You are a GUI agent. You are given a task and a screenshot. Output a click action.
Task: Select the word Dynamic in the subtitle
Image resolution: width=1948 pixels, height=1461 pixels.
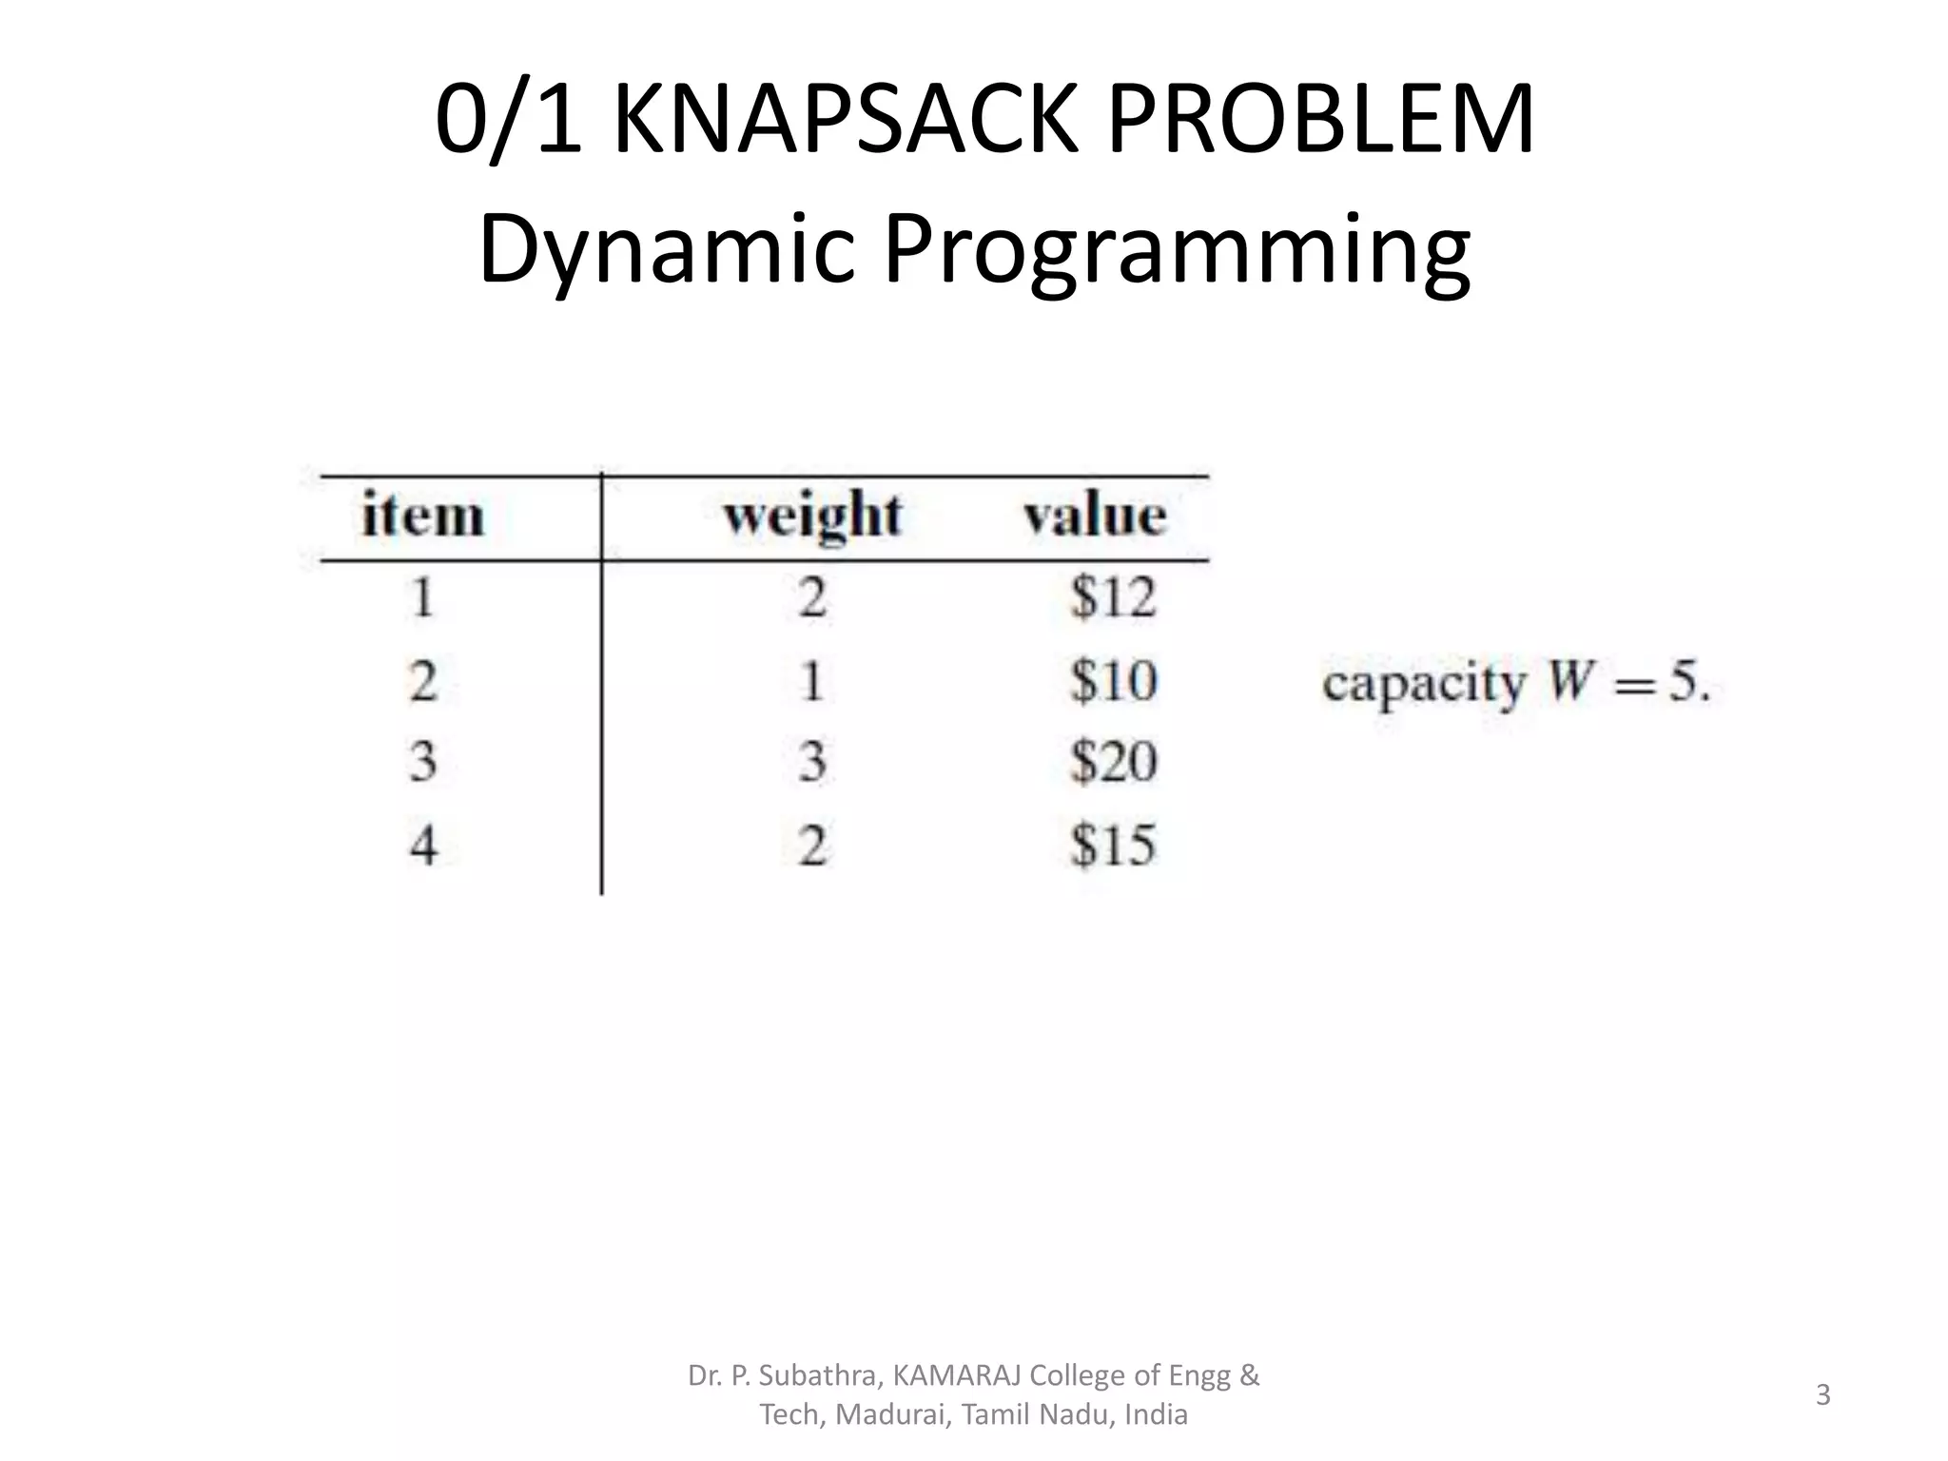click(666, 249)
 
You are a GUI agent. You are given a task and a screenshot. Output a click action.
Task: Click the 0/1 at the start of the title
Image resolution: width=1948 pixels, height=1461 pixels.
click(508, 121)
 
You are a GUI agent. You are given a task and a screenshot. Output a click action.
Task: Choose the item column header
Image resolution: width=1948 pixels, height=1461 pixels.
click(423, 516)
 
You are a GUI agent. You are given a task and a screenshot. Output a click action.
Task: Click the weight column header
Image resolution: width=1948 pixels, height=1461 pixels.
click(812, 516)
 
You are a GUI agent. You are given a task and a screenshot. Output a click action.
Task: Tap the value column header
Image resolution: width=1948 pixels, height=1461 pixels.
click(1095, 516)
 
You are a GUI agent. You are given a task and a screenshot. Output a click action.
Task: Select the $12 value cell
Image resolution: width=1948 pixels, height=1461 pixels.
click(1113, 597)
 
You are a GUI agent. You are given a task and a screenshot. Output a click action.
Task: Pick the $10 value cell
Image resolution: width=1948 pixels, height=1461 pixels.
click(1113, 681)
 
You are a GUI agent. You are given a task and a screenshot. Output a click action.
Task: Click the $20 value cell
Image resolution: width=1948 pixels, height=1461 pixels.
click(1113, 762)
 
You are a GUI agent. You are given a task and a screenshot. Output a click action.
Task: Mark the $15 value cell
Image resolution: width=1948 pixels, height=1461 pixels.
click(1113, 845)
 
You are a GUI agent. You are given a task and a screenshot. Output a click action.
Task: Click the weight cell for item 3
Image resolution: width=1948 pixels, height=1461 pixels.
click(811, 762)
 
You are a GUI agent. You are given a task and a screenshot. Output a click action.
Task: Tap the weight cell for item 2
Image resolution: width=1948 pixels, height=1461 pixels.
click(811, 681)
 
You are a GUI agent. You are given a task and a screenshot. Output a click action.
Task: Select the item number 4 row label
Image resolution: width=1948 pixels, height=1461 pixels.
click(423, 845)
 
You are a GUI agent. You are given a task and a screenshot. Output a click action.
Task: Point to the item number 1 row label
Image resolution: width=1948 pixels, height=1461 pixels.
click(423, 597)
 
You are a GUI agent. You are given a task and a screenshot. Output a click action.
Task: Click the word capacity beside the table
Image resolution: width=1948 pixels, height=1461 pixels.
click(1424, 684)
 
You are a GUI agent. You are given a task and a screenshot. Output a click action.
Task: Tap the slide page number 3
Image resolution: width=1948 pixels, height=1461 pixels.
click(1822, 1394)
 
